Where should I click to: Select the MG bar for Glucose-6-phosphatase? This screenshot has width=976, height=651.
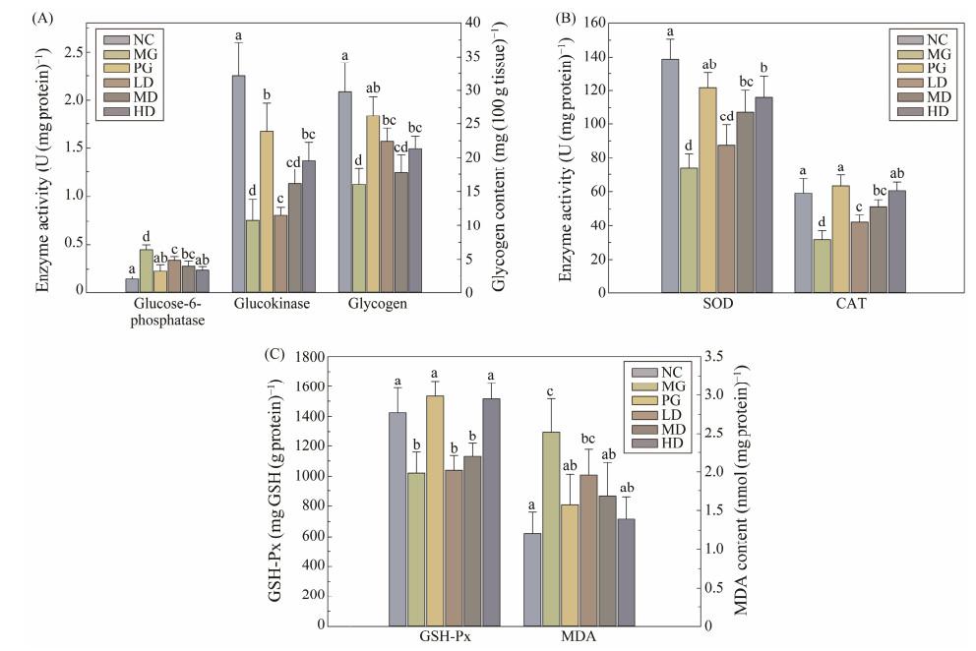coord(146,270)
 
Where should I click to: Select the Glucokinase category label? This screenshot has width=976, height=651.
coord(271,305)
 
